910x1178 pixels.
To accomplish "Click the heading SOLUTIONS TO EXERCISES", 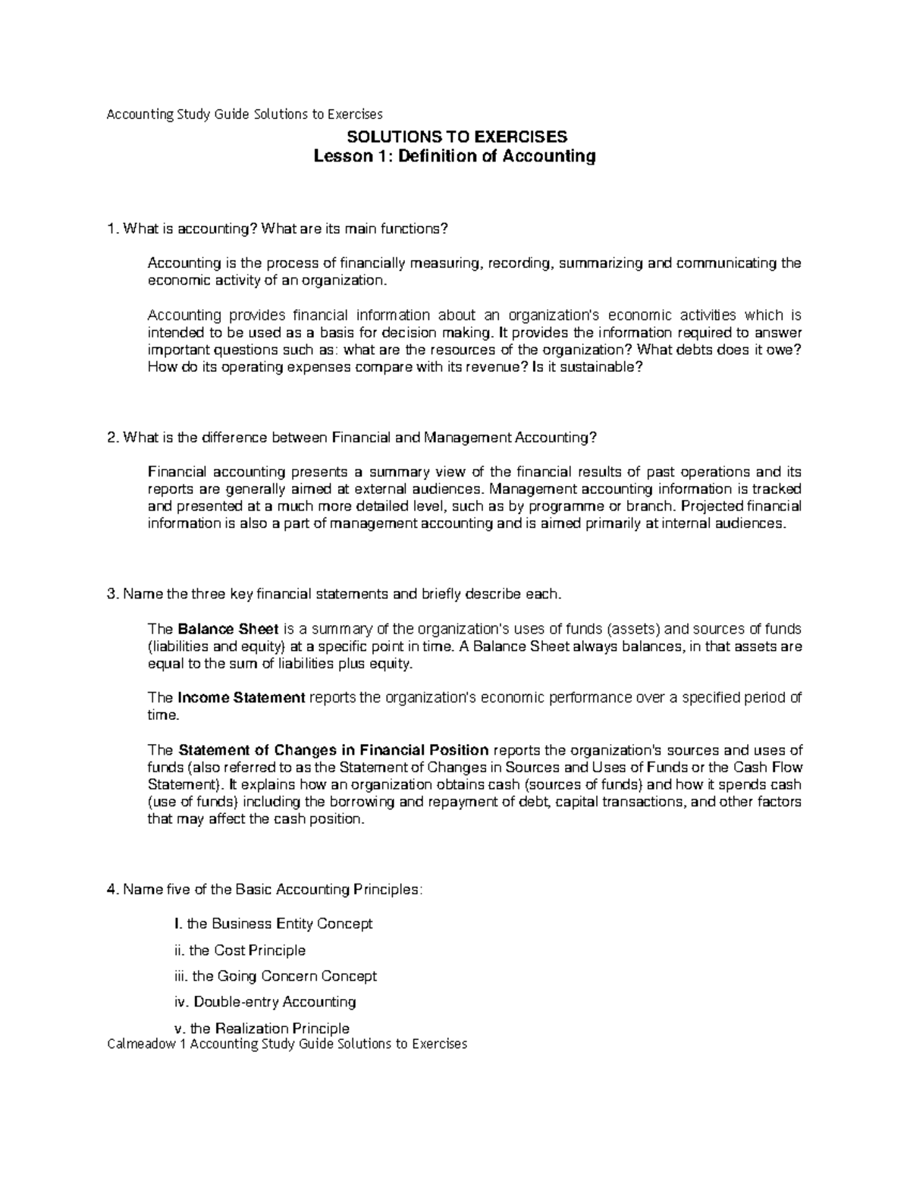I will (x=456, y=137).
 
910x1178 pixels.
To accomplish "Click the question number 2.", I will (x=112, y=438).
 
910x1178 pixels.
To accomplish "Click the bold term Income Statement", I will (x=240, y=698).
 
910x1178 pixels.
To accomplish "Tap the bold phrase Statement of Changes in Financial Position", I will (x=333, y=750).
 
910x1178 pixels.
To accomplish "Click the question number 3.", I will (x=112, y=594).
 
